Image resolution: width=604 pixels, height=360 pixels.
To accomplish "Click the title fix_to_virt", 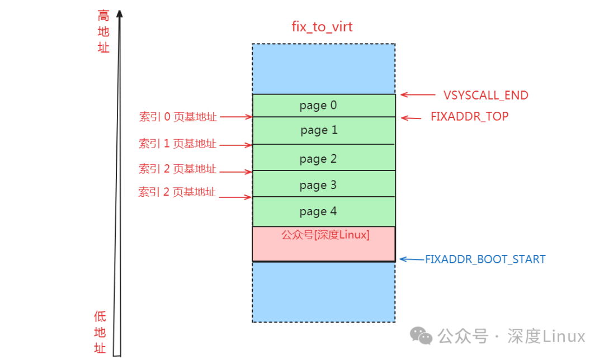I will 322,27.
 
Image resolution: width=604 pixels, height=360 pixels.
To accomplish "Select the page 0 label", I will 318,106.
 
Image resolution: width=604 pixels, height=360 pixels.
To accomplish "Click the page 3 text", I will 318,185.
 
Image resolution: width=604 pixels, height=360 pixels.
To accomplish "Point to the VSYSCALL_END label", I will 485,96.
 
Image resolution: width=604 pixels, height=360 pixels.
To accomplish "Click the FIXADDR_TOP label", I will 469,117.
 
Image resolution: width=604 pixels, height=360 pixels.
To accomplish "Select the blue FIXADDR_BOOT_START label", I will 485,259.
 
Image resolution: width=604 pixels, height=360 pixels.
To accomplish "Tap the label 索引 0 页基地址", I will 177,117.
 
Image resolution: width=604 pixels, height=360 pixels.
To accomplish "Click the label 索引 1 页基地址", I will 177,144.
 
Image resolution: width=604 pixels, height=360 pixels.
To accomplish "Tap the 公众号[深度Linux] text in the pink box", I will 325,235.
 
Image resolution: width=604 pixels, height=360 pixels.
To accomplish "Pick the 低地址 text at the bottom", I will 100,332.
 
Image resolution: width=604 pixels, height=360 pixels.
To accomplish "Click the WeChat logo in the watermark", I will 421,335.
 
